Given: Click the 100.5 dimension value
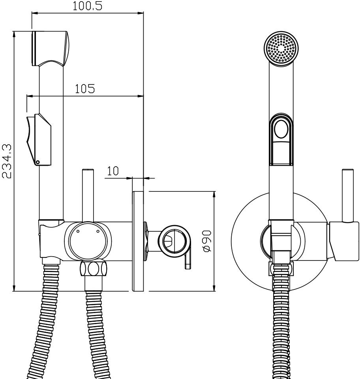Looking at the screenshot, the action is click(88, 6).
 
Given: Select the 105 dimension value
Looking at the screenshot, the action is click(85, 89).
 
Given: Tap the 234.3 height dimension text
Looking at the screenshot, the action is click(7, 161).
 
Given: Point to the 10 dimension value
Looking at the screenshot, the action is click(113, 171).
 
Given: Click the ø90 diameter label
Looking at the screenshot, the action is click(207, 241).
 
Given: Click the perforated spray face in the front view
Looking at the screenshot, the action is click(281, 48).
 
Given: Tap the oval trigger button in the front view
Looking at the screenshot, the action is click(281, 129).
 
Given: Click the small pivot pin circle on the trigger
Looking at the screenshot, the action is click(37, 162).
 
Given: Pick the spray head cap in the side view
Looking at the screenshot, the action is click(51, 48).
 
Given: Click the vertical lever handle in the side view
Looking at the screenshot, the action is click(88, 195).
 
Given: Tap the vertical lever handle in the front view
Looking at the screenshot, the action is click(348, 195).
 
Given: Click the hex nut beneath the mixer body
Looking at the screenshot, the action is click(93, 268).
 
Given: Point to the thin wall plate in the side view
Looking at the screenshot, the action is click(138, 241).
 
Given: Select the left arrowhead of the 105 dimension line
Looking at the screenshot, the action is click(30, 96).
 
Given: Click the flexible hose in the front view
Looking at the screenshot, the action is click(281, 321).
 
